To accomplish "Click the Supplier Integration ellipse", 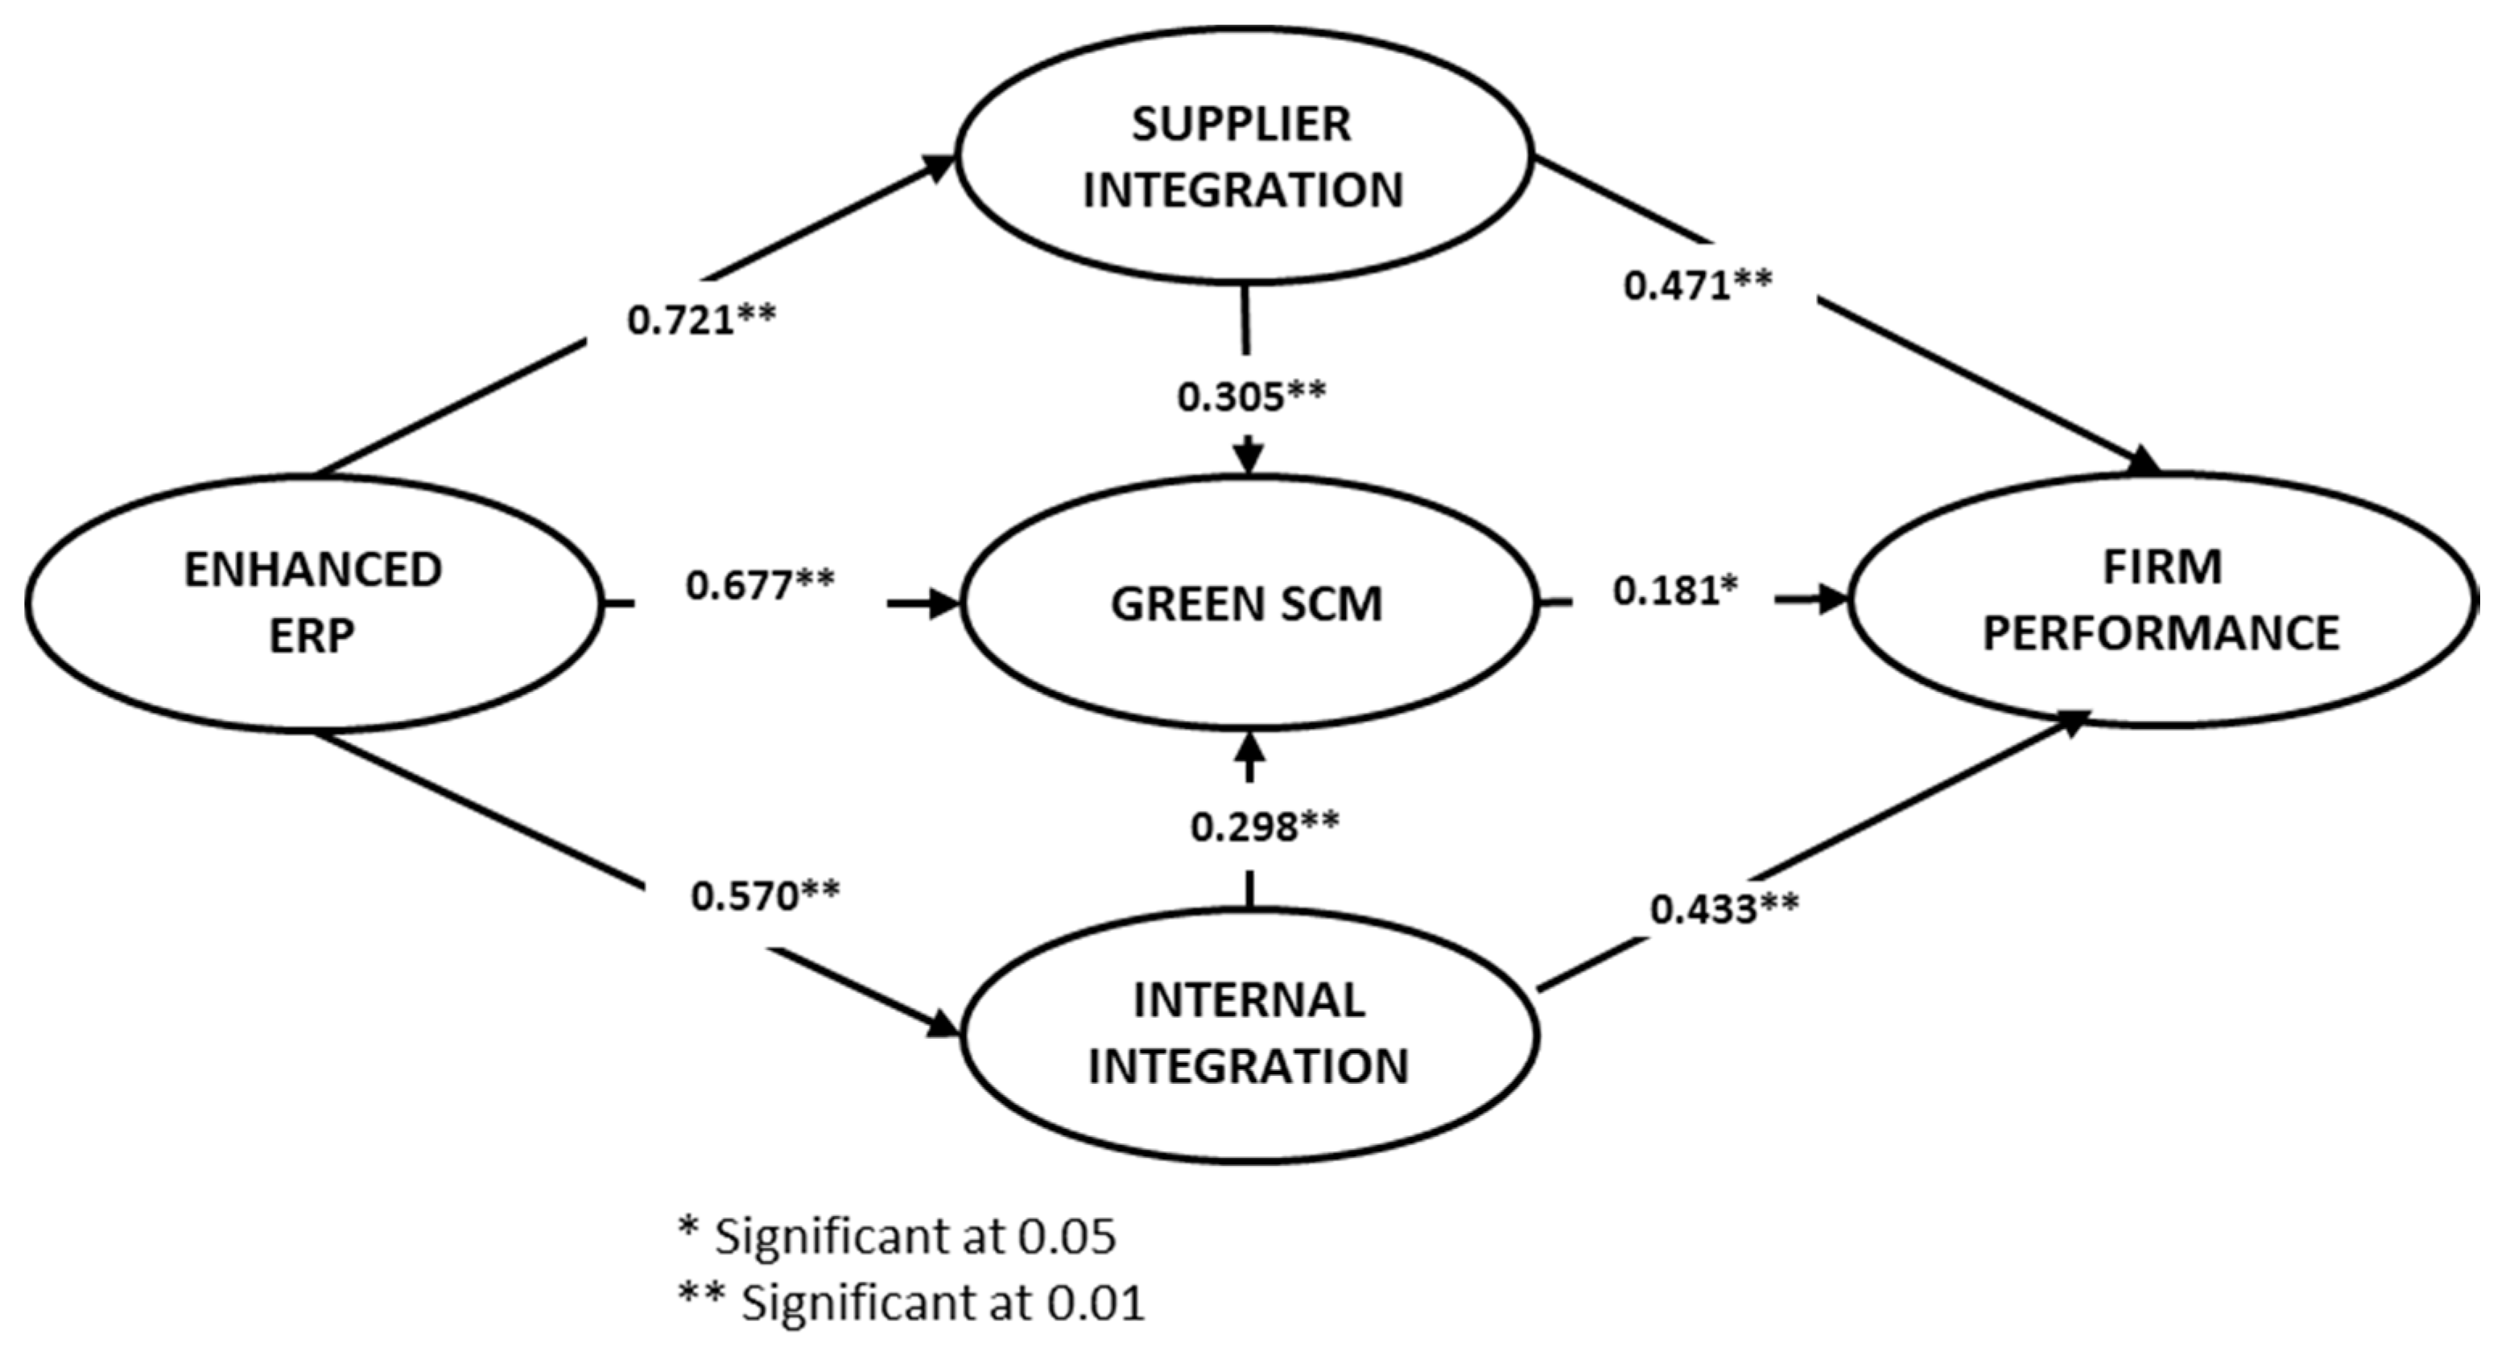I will click(x=1242, y=156).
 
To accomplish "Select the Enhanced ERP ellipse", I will click(x=312, y=603).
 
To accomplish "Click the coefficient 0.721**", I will click(x=700, y=320).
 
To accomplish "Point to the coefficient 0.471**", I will click(x=1698, y=286).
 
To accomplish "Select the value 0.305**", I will click(x=1251, y=397).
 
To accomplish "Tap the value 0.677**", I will click(x=760, y=586).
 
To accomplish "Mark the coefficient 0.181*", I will click(x=1674, y=591).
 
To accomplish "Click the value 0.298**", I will click(x=1264, y=827).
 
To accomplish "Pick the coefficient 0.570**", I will click(x=765, y=896).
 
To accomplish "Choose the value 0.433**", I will click(x=1724, y=909).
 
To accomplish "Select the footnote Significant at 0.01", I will click(x=911, y=1303).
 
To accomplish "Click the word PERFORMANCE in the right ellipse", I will click(x=2161, y=633).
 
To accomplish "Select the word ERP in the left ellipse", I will click(x=312, y=637).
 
